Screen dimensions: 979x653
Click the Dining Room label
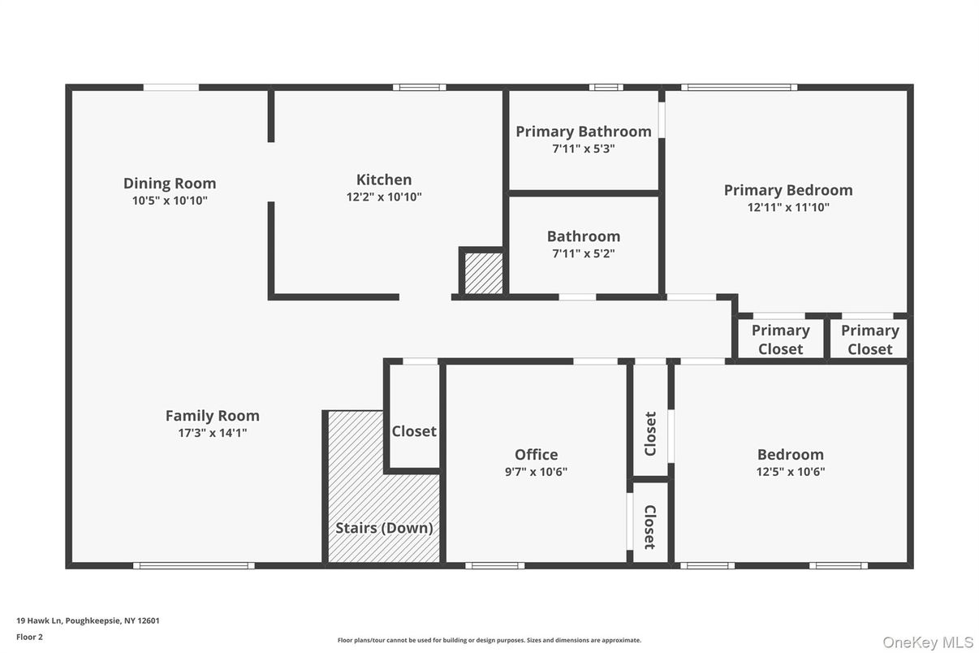pos(170,184)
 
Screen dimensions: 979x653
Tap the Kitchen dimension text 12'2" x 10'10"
pos(384,197)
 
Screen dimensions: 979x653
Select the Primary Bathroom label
pos(584,132)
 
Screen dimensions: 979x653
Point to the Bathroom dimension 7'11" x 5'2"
pos(584,253)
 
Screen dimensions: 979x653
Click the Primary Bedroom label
pos(788,190)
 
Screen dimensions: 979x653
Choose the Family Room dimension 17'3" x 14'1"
pos(213,433)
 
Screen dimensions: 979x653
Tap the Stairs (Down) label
pos(384,528)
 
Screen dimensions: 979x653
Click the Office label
pos(537,455)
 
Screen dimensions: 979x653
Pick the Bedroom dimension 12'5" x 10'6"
pos(791,472)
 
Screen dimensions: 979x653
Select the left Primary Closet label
pos(781,339)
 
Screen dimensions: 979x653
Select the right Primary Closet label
pos(869,339)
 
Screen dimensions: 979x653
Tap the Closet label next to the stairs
pos(414,432)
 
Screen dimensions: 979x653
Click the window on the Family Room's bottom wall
pos(194,565)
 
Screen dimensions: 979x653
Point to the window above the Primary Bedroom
pos(739,88)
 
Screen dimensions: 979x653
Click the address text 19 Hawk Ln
pos(40,621)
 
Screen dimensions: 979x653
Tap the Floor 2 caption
pos(30,637)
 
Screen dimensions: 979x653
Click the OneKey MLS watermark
pos(928,642)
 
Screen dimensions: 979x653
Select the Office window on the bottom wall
pos(494,565)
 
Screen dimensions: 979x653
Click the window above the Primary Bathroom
pos(606,88)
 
